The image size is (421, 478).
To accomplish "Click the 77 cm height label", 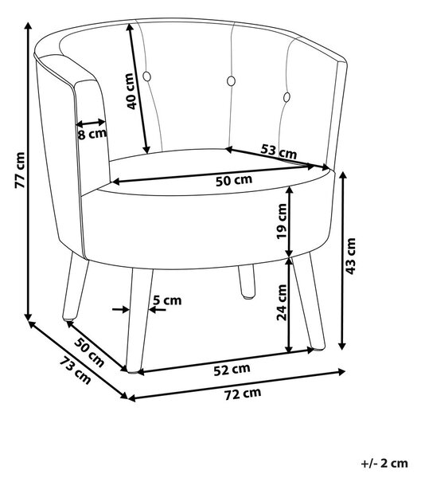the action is (20, 170).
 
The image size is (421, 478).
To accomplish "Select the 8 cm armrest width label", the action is (92, 134).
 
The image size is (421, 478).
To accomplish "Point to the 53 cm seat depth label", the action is (279, 151).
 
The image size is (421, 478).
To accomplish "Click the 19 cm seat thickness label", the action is (282, 221).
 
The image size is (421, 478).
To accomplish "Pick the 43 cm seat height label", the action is (351, 256).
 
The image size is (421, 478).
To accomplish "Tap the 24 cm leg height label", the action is (282, 303).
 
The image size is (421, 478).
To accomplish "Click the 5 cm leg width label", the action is (167, 300).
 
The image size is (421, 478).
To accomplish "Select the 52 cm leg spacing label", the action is (232, 370).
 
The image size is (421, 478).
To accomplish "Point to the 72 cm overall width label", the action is (243, 394).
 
